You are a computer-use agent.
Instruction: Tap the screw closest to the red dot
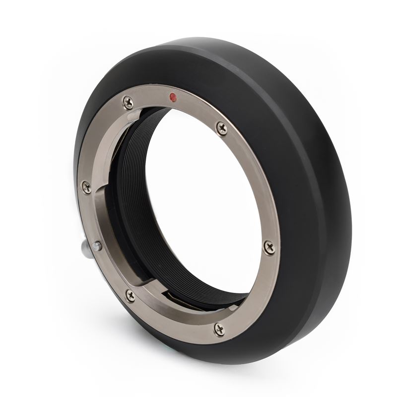(129, 102)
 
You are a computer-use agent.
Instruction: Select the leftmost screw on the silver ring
(86, 187)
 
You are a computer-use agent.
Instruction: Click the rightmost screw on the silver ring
(269, 247)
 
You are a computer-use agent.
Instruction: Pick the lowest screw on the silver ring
(219, 329)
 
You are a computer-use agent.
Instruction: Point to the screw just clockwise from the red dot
(222, 128)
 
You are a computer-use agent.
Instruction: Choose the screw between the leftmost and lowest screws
(130, 296)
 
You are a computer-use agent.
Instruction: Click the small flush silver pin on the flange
(97, 246)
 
